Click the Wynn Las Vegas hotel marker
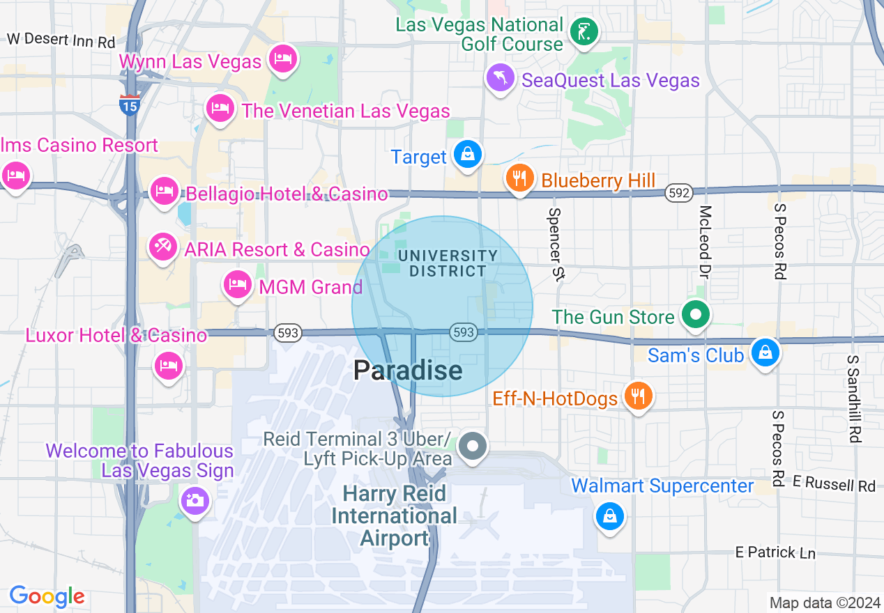(x=282, y=58)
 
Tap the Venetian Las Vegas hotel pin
(x=220, y=108)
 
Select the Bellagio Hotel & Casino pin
(x=164, y=190)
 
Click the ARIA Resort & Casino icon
(x=164, y=247)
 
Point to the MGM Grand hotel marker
(x=238, y=284)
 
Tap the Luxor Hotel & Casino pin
(x=168, y=364)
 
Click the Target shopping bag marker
(x=467, y=154)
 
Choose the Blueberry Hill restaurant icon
(x=519, y=178)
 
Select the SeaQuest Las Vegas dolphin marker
(x=500, y=77)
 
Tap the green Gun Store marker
(x=695, y=315)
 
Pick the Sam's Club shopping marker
(x=765, y=352)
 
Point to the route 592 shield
(x=678, y=194)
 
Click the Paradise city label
(x=408, y=370)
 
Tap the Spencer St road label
(x=556, y=244)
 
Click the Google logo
(x=47, y=596)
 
